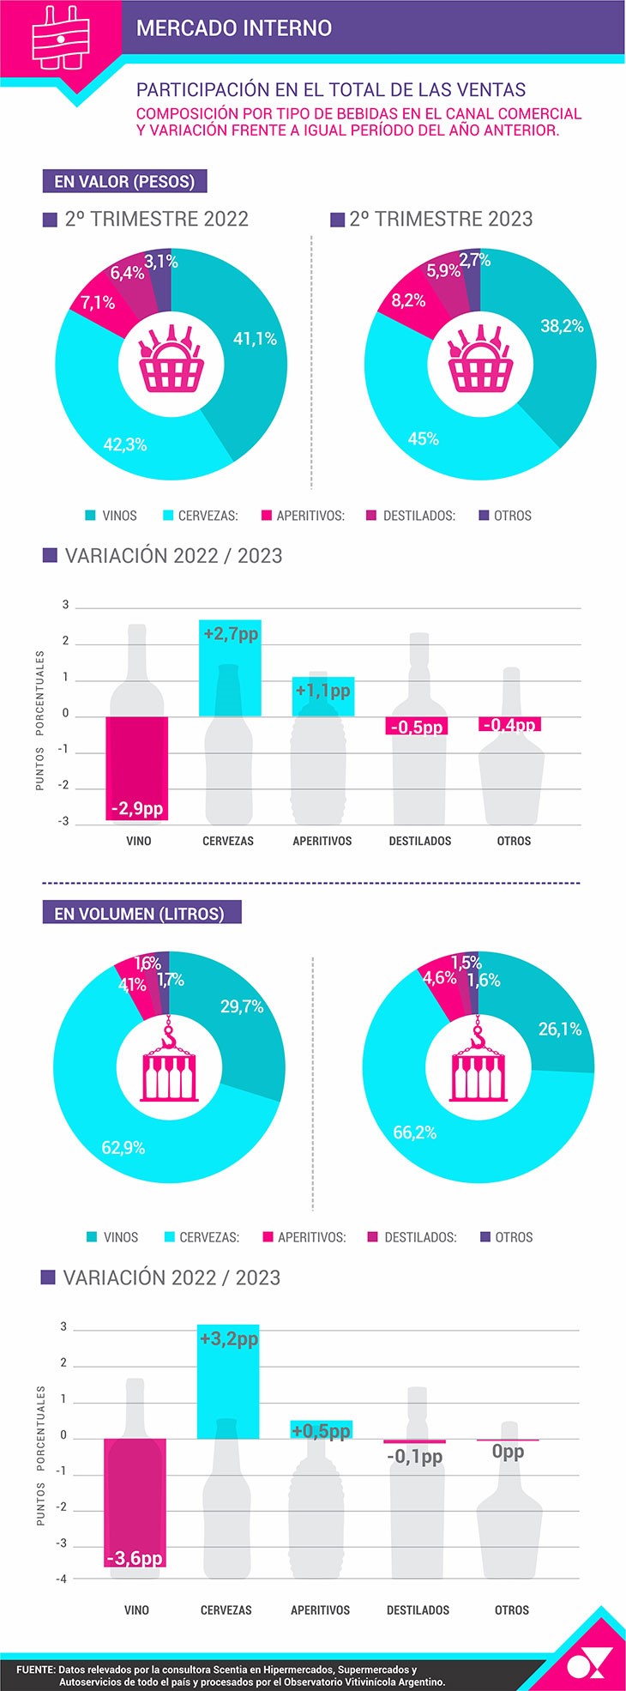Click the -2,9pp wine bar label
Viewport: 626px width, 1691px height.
[136, 809]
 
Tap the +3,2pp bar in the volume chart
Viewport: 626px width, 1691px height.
[228, 1380]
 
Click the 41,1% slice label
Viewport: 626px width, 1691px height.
[256, 339]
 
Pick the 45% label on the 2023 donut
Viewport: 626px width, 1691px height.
[424, 438]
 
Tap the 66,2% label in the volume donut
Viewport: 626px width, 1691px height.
[415, 1132]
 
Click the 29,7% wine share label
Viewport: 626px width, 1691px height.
[242, 1006]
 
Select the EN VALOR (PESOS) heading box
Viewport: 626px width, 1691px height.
[124, 181]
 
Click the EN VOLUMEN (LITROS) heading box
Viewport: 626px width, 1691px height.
[141, 913]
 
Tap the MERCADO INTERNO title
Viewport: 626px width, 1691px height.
[234, 28]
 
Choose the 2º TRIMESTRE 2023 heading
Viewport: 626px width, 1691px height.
[441, 219]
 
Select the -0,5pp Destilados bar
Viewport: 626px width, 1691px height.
[417, 726]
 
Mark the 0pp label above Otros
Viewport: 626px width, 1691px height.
[508, 1452]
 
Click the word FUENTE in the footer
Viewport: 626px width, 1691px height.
[35, 1670]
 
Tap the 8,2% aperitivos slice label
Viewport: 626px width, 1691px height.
[408, 300]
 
